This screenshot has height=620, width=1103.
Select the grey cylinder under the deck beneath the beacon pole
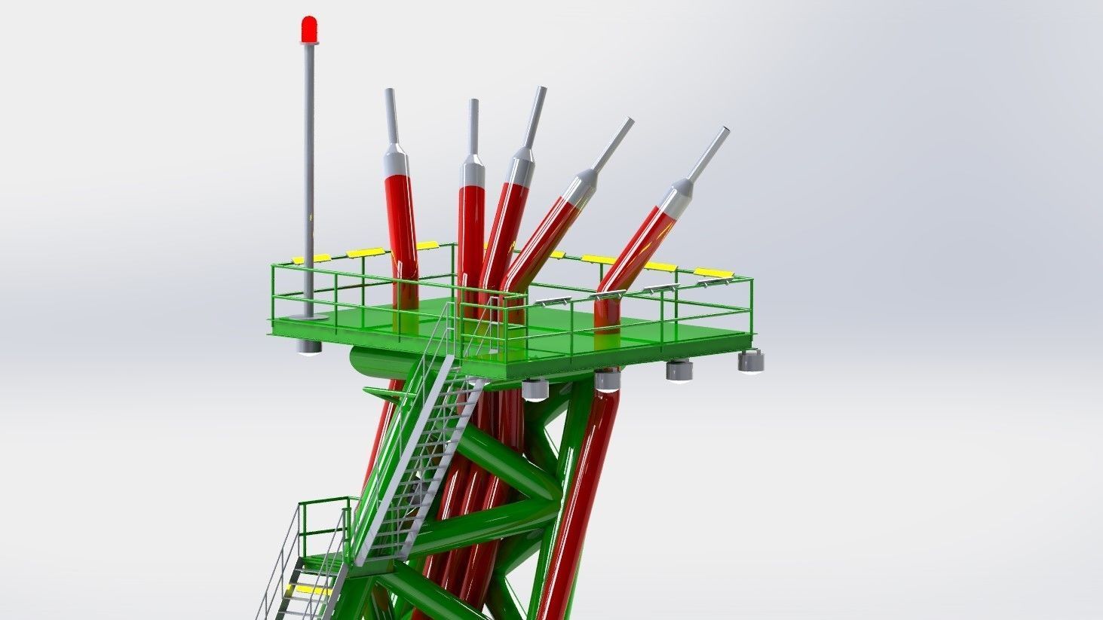click(x=308, y=347)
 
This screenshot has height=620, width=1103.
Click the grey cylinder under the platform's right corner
click(x=751, y=362)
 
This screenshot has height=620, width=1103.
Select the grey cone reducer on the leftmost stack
click(x=394, y=160)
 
